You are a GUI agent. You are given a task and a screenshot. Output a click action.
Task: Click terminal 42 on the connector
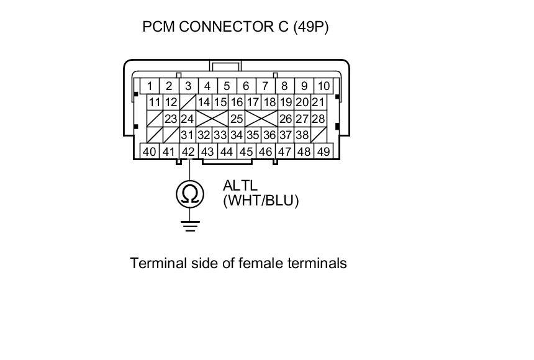coord(188,151)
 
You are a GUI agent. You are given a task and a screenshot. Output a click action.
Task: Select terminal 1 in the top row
coord(150,86)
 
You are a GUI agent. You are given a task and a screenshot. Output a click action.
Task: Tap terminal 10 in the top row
coord(324,86)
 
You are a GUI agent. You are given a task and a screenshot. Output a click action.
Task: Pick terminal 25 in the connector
coord(237,119)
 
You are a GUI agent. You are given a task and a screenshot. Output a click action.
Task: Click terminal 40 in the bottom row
coord(150,151)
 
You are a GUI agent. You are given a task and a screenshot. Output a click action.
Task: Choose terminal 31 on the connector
coord(188,135)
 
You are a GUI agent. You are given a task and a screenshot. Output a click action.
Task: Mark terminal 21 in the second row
coord(319,102)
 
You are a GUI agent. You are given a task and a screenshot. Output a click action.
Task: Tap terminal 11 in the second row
coord(155,102)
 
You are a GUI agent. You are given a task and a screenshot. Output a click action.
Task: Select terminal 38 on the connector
coord(302,135)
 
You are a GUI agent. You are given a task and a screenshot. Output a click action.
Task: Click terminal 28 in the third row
coord(319,119)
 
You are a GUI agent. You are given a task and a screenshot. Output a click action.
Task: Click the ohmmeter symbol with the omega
coord(190,194)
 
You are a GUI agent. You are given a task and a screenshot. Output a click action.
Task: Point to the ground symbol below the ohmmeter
coord(190,224)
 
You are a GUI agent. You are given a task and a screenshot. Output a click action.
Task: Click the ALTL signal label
coord(240,186)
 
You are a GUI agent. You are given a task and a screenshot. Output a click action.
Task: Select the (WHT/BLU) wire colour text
coord(261,200)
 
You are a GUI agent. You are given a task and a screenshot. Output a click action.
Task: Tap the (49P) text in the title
coord(311,27)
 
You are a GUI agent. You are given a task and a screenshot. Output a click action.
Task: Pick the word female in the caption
coord(262,263)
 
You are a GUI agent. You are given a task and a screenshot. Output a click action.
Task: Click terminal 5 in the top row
coord(227,86)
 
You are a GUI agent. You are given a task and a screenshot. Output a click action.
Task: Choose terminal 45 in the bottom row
coord(247,151)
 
